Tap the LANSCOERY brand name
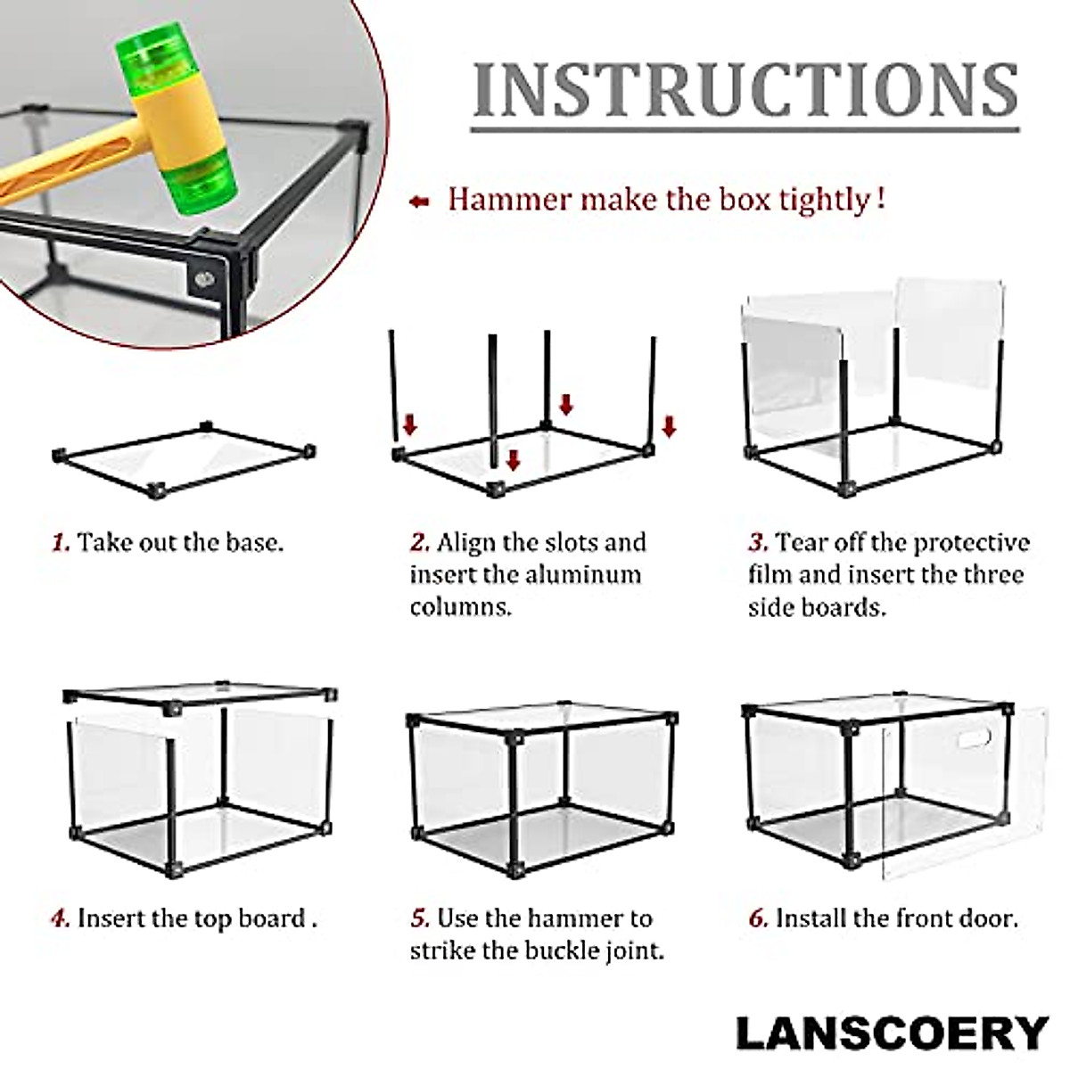coord(892,1033)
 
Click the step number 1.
coord(60,542)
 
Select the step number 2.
coord(420,542)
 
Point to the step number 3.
coord(758,542)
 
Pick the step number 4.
coord(60,918)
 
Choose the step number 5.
coord(420,918)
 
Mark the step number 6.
coord(758,918)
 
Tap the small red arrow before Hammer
coord(418,202)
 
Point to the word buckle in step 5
coord(560,951)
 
